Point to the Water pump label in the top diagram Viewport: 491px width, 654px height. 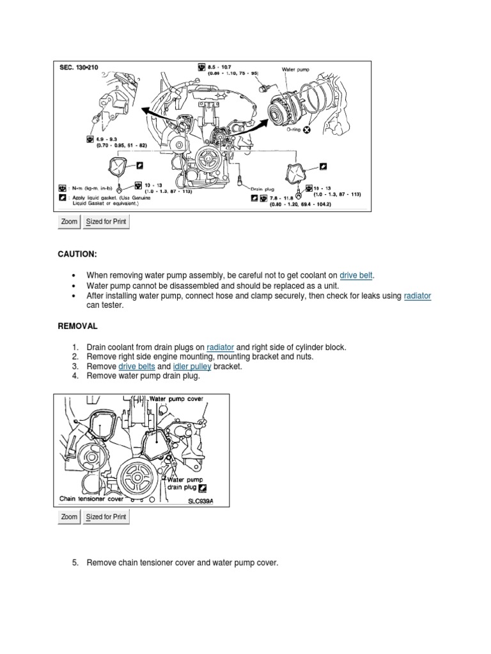click(295, 68)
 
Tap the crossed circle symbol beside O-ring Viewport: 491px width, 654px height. click(307, 130)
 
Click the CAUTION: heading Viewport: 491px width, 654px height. click(78, 254)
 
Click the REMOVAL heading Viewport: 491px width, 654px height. click(78, 326)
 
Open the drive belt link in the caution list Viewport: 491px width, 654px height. click(356, 275)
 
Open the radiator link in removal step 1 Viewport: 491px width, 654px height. click(221, 347)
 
